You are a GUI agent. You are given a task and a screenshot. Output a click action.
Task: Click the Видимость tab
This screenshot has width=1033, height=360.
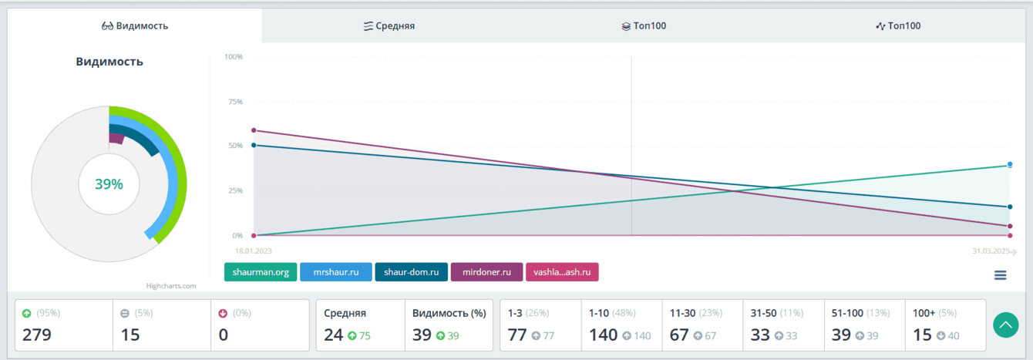[135, 25]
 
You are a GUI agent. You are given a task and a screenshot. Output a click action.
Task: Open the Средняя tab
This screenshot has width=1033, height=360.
[389, 25]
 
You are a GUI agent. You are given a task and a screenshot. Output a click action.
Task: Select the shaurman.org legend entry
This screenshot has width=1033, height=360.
[261, 272]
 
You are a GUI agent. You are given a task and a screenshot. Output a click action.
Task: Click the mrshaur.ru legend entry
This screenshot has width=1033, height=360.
[336, 272]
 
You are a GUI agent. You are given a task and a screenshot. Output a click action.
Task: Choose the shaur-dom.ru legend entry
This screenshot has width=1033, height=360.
[412, 272]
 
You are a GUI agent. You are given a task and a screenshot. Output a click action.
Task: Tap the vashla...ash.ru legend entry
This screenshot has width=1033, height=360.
[562, 272]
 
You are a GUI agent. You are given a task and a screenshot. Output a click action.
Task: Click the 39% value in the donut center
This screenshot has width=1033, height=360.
[109, 184]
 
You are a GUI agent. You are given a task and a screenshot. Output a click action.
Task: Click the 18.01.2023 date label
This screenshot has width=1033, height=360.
[254, 251]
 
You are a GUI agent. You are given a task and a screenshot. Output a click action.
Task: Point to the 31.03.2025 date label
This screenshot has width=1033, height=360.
[991, 251]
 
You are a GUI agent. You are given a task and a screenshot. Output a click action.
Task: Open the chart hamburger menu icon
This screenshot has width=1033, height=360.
[1000, 275]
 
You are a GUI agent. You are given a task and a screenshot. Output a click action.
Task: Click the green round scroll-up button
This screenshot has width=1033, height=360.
[1004, 325]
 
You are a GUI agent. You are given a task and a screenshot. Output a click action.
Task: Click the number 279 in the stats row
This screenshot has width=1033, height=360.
[36, 335]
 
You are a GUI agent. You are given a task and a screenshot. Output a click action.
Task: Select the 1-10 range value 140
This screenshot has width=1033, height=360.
[604, 335]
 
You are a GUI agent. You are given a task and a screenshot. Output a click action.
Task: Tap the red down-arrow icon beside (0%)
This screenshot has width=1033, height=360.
[223, 313]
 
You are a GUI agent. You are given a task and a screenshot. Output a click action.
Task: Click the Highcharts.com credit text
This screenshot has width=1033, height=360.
[171, 286]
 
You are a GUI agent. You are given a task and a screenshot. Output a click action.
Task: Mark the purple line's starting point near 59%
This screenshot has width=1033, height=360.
[254, 130]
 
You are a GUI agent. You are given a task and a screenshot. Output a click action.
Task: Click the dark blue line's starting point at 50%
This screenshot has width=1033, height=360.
[254, 145]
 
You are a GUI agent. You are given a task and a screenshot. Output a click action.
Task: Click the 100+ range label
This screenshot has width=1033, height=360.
[922, 313]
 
